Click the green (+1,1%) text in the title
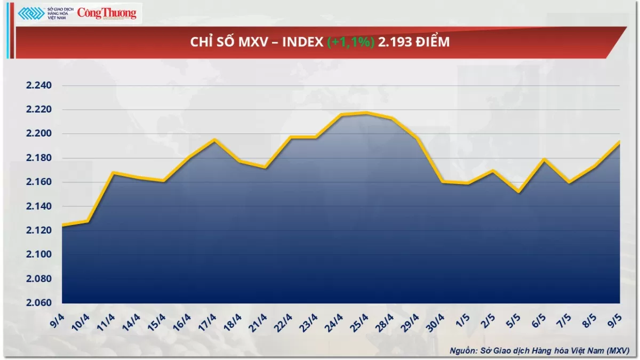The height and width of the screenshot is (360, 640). point(350,42)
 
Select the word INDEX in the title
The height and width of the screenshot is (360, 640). point(302,42)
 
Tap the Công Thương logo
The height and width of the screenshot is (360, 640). point(107,13)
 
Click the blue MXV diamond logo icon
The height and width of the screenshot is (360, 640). point(31,13)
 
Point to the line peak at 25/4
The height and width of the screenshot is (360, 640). point(366,113)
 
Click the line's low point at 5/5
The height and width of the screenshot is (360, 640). point(518,192)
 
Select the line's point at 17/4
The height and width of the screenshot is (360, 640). point(214,140)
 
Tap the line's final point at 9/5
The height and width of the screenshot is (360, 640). point(619,141)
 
